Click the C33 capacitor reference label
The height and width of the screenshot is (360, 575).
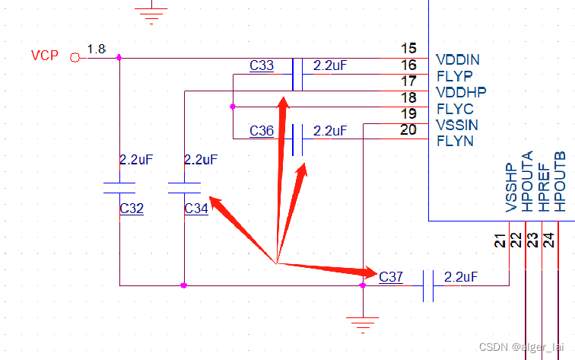[262, 66]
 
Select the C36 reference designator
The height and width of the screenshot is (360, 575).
[262, 131]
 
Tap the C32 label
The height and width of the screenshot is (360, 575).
[132, 209]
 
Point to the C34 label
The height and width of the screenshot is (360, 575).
[196, 209]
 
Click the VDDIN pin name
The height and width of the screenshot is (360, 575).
[458, 59]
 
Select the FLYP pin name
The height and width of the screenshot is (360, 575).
[454, 75]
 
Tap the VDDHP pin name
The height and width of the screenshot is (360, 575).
[461, 91]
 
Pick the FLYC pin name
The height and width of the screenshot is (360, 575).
[454, 109]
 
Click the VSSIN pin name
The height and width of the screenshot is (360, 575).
[458, 125]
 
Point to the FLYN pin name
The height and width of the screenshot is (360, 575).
[454, 141]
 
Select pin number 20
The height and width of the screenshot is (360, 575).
[408, 130]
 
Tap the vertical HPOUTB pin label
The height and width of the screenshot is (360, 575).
[561, 181]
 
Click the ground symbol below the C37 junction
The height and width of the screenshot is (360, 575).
[363, 323]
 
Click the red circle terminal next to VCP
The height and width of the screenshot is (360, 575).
[74, 57]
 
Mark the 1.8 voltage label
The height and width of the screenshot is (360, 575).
[96, 49]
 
